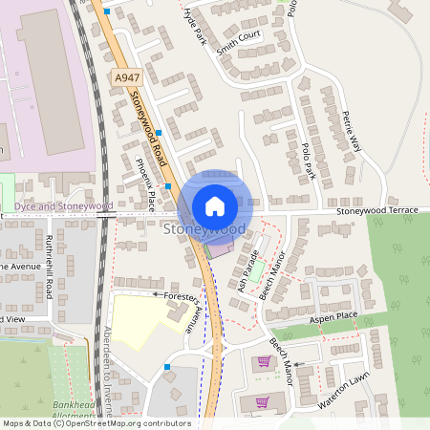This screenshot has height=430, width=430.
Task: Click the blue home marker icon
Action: click(215, 205)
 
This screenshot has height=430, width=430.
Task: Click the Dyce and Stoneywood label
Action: click(64, 205)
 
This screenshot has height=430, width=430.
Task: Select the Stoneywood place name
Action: click(204, 230)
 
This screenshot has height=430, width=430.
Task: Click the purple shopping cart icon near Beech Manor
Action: click(263, 361)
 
